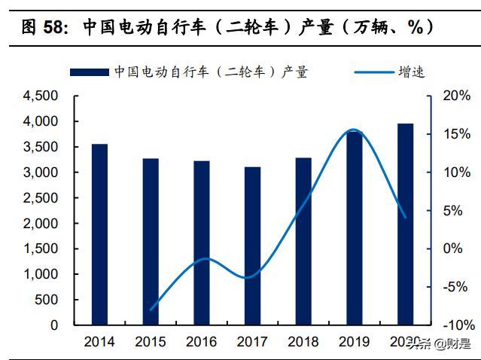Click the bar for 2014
pyautogui.click(x=99, y=234)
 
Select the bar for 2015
pyautogui.click(x=151, y=242)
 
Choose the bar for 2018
pyautogui.click(x=303, y=241)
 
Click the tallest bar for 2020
pyautogui.click(x=405, y=224)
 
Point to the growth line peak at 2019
pyautogui.click(x=354, y=130)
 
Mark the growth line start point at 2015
pyautogui.click(x=151, y=310)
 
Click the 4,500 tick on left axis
pyautogui.click(x=41, y=96)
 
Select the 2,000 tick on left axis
pyautogui.click(x=41, y=224)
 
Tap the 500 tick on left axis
pyautogui.click(x=47, y=300)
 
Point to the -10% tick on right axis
pyautogui.click(x=458, y=325)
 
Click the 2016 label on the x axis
pyautogui.click(x=201, y=343)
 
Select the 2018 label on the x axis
pyautogui.click(x=303, y=343)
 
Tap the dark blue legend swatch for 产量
pyautogui.click(x=90, y=72)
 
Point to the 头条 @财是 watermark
pyautogui.click(x=440, y=346)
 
